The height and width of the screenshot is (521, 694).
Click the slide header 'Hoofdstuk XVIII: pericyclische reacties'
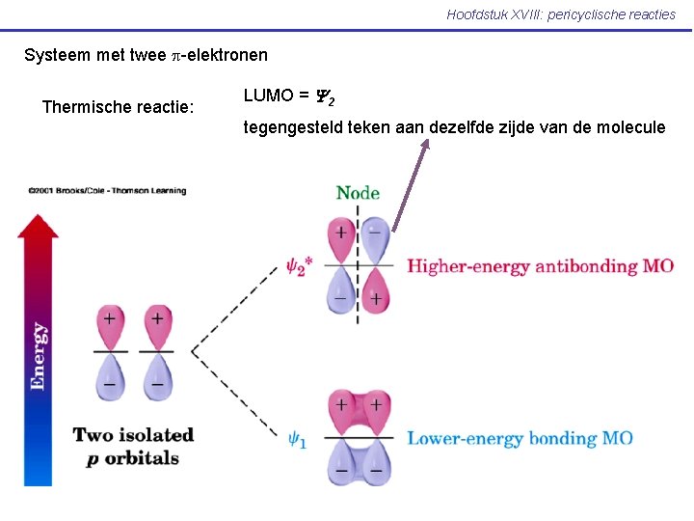pos(561,14)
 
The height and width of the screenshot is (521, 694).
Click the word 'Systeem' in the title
pos(54,56)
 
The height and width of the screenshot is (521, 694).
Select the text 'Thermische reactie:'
pos(119,106)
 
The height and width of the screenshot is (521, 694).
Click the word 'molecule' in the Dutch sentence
pos(630,126)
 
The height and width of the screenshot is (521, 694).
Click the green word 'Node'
pos(358,193)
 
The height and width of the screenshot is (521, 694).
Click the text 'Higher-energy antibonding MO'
pos(540,266)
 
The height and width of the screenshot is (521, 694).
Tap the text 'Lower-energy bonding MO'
pos(520,439)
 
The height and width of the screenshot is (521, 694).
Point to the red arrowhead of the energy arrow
pos(39,227)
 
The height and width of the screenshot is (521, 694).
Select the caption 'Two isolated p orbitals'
pos(133,446)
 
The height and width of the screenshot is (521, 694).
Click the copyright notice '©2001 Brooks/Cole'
pos(106,190)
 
